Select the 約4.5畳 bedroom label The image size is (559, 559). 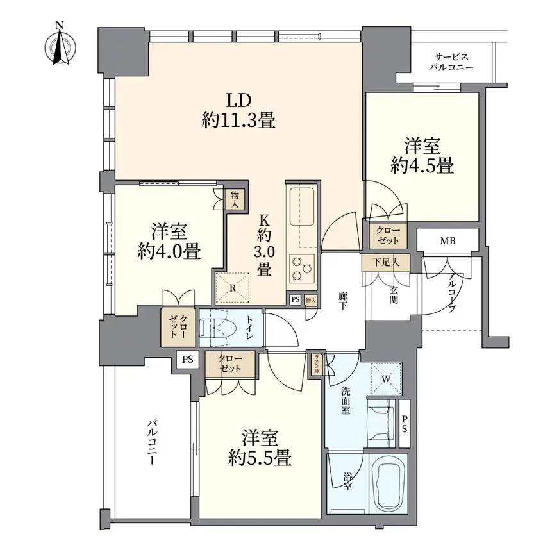pyautogui.click(x=421, y=154)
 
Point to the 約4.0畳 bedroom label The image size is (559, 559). pyautogui.click(x=169, y=241)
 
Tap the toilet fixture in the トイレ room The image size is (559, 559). pyautogui.click(x=216, y=328)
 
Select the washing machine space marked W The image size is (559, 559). pyautogui.click(x=387, y=378)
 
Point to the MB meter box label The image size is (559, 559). pyautogui.click(x=447, y=241)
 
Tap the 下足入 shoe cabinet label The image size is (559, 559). pyautogui.click(x=388, y=262)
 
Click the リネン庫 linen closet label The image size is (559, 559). pyautogui.click(x=316, y=365)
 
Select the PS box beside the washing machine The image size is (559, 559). pyautogui.click(x=405, y=424)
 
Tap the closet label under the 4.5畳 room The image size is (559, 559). pyautogui.click(x=387, y=235)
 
